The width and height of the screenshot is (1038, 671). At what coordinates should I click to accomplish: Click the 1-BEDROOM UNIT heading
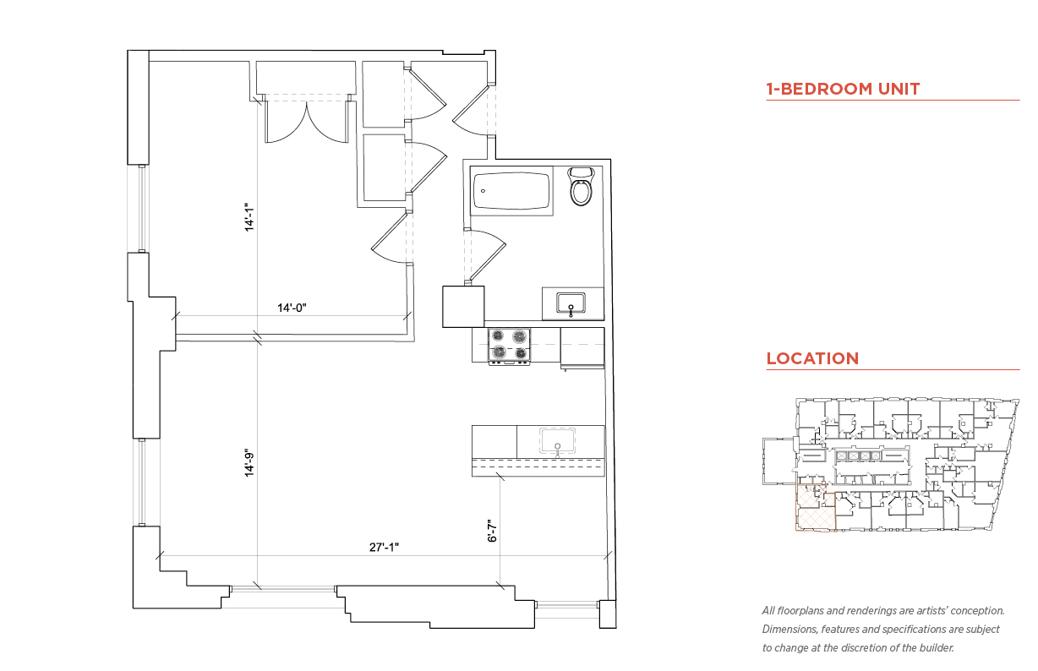click(x=843, y=89)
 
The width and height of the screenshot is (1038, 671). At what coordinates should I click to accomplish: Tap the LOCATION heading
click(x=812, y=358)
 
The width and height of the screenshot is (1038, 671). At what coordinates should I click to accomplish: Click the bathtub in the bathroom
click(x=511, y=191)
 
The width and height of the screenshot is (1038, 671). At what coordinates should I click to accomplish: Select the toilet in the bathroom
click(x=581, y=186)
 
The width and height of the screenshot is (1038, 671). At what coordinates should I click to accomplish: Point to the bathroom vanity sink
click(x=571, y=303)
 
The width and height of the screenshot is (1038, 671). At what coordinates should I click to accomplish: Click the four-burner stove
click(x=509, y=346)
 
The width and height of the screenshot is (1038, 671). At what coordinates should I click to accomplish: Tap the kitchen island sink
click(x=558, y=441)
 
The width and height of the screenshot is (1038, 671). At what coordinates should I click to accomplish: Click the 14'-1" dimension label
click(x=249, y=217)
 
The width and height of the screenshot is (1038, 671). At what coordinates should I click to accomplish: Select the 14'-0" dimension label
click(x=292, y=308)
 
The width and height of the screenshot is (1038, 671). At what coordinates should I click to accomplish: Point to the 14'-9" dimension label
click(x=249, y=462)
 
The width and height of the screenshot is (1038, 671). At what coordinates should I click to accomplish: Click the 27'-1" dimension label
click(x=384, y=548)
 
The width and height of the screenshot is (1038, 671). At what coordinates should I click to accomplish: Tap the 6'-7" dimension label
click(x=492, y=531)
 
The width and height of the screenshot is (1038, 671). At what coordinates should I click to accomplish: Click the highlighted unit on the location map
click(x=816, y=507)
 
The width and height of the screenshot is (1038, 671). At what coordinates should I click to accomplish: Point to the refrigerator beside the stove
click(x=582, y=348)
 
